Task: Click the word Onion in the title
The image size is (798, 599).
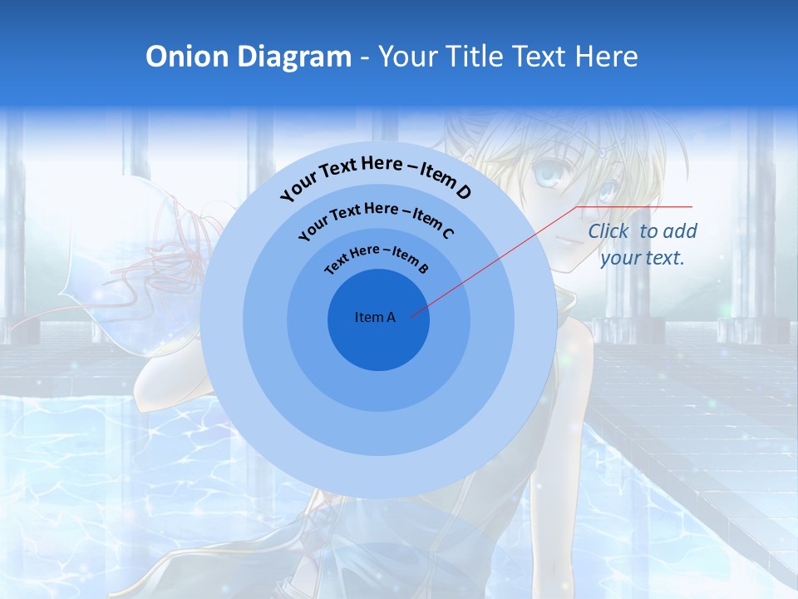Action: click(x=187, y=57)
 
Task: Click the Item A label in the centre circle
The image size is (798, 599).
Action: click(x=375, y=317)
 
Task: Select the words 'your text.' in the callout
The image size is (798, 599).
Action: click(x=643, y=258)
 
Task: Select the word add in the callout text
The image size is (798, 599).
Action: click(x=680, y=231)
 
